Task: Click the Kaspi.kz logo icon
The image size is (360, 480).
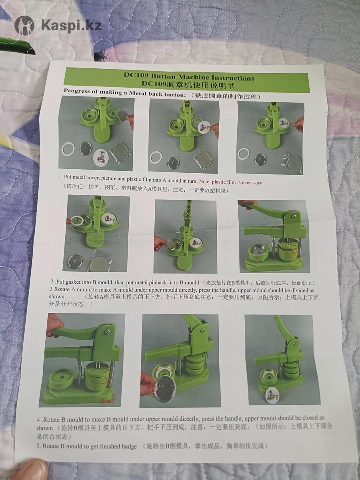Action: tap(24, 25)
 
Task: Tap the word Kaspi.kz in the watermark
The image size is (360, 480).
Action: tap(72, 25)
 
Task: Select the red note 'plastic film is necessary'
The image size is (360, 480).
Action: tap(237, 182)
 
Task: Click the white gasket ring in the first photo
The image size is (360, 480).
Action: tap(68, 149)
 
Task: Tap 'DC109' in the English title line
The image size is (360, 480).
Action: tap(136, 75)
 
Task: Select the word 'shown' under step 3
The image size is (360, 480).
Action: tap(56, 297)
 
